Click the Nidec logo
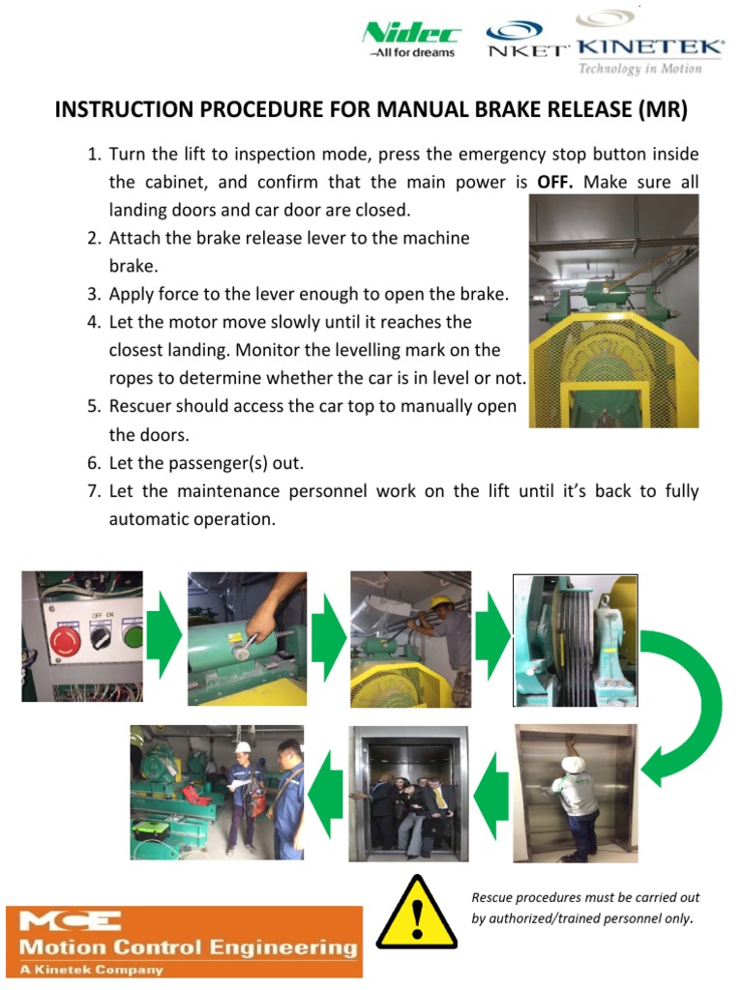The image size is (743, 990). [411, 40]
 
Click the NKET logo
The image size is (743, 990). [527, 41]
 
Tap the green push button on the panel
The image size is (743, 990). [132, 637]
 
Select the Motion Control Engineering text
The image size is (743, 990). [183, 946]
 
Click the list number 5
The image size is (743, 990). [94, 406]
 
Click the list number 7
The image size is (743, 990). [94, 491]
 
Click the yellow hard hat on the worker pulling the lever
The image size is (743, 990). [440, 603]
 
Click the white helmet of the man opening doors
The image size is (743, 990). [573, 764]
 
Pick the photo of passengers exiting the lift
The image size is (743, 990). [409, 793]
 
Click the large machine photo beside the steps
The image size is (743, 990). [613, 310]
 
